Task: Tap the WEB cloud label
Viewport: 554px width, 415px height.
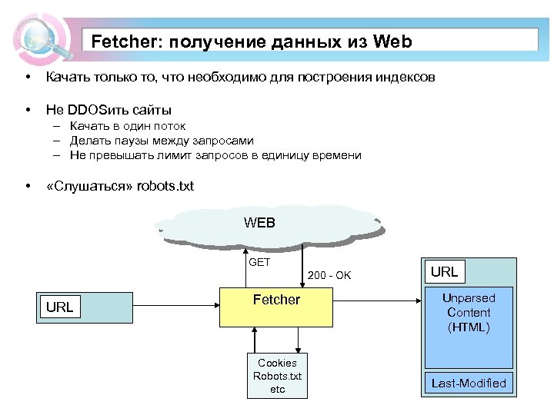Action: tap(259, 223)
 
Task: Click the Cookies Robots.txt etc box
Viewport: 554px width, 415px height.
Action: tap(277, 376)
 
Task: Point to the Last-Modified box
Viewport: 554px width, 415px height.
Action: tap(469, 383)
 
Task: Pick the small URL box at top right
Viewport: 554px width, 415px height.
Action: tap(444, 271)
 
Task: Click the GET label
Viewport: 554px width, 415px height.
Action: tap(259, 262)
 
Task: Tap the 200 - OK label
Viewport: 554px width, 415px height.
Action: tap(329, 275)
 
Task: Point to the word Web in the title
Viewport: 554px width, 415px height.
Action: tap(392, 41)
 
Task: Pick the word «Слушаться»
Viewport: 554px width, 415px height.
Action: tap(89, 187)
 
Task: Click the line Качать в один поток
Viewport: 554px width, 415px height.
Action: tap(127, 126)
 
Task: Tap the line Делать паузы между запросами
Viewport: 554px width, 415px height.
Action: tap(161, 141)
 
